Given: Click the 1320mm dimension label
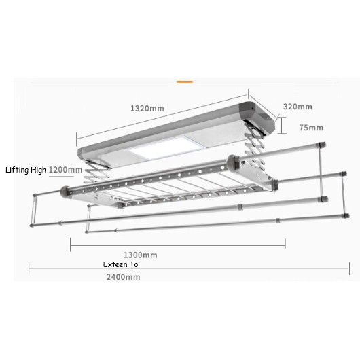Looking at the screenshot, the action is point(147,109).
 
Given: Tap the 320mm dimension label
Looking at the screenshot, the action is point(298,107).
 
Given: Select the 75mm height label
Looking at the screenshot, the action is point(311,128).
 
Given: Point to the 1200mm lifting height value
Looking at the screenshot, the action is point(66,170).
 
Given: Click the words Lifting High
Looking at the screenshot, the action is point(26,170).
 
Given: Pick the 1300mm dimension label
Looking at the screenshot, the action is point(141,255).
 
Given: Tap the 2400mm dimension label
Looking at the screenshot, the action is point(124,277).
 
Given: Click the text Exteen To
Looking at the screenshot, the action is point(120,264).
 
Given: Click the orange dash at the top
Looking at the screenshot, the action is point(185,82).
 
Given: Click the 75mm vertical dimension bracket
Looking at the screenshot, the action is point(282,125).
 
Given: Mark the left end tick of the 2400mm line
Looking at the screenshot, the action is point(29,268).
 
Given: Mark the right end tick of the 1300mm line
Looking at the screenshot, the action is point(285,243).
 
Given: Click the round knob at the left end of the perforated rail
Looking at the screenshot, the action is point(65,192).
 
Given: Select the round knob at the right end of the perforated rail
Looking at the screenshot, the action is point(232,162).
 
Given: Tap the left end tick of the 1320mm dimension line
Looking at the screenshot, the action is point(77,139).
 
